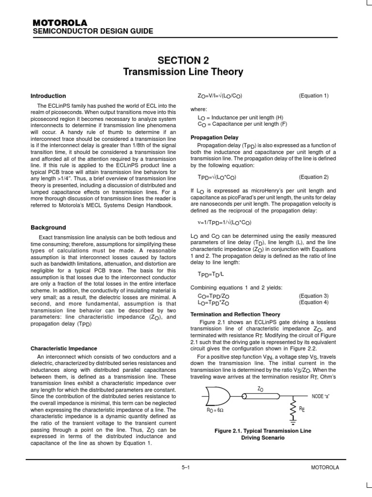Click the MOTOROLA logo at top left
coord(60,23)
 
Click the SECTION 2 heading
coord(183,60)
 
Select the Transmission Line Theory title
coord(183,72)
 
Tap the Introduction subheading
coord(48,96)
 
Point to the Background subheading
coord(48,227)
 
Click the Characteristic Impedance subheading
coord(64,348)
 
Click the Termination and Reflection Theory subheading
coord(235,315)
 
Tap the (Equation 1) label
coord(313,96)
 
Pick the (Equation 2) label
coord(313,177)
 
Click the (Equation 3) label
coord(313,296)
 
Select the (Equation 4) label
coord(313,302)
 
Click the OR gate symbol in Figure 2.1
coord(218,396)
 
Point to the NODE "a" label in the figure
coord(322,396)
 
